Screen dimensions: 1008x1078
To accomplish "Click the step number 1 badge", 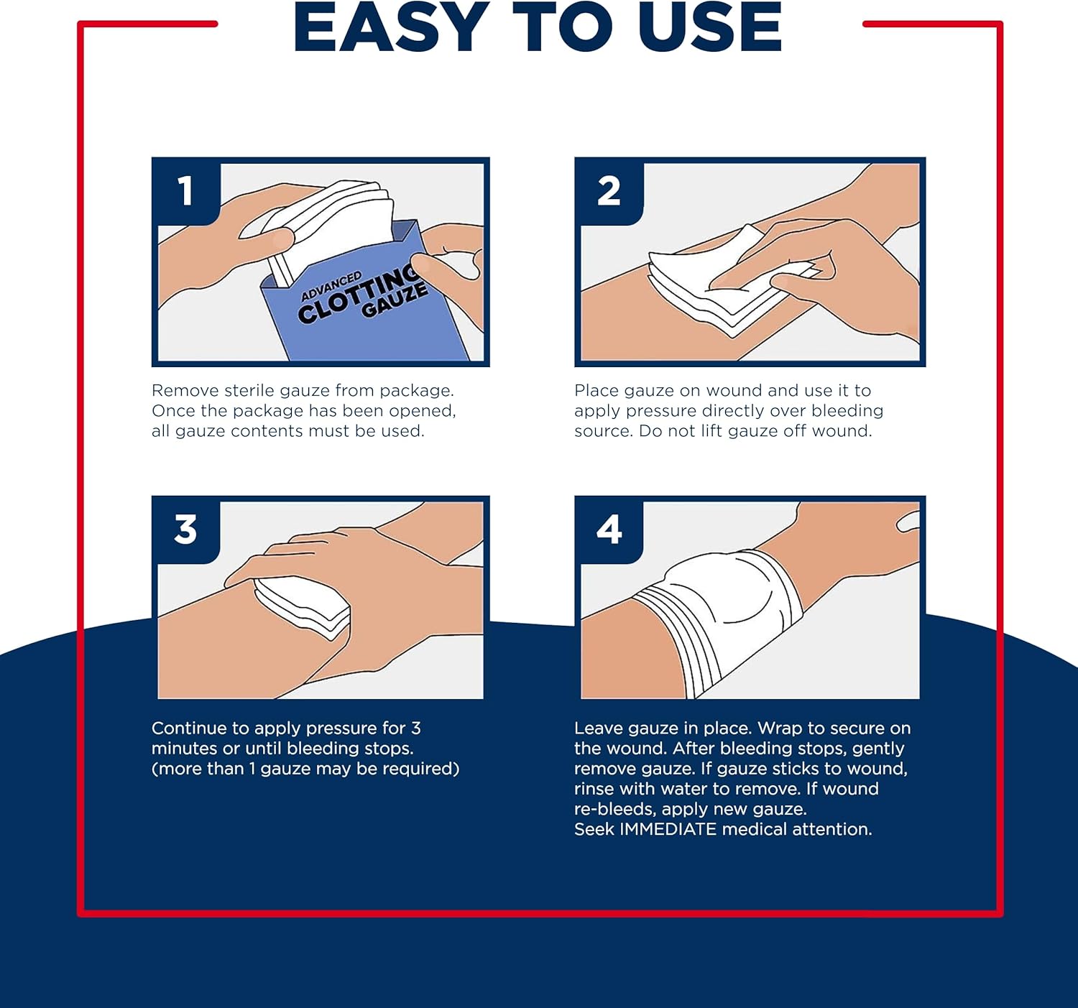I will coord(185,191).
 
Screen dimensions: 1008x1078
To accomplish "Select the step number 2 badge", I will coord(609,191).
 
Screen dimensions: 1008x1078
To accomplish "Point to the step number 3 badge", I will coord(185,530).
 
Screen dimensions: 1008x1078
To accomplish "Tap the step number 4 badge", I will coord(609,530).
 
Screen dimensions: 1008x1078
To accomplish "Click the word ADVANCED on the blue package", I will coord(331,286).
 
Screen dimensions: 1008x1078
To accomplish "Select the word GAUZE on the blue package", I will coord(395,301).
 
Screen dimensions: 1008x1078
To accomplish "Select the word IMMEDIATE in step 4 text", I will coord(668,829).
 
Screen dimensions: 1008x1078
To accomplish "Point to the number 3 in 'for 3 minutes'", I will coord(415,729).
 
